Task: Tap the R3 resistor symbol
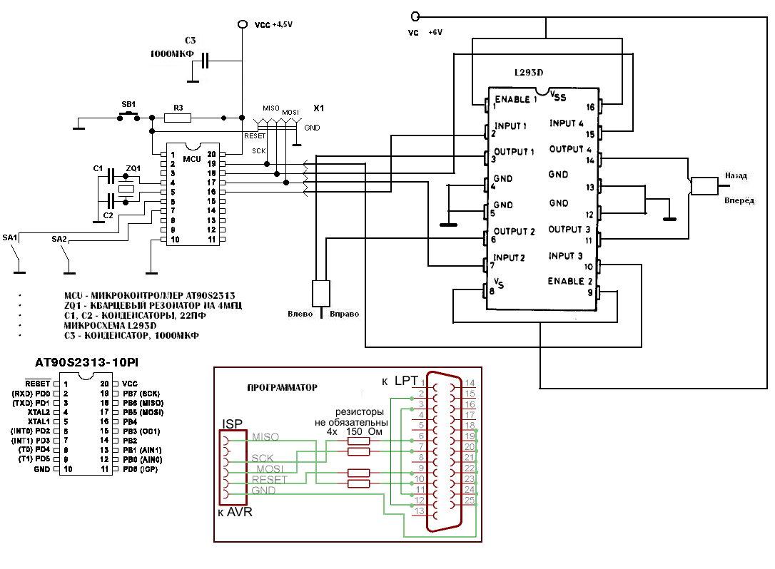178,118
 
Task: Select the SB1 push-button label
129,104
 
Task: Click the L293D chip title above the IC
529,73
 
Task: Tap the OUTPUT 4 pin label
570,150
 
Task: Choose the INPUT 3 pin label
566,256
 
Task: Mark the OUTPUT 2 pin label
514,232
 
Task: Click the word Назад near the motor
736,175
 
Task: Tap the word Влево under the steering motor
300,314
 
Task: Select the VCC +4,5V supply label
273,24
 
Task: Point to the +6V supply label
435,33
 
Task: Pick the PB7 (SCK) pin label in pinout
143,393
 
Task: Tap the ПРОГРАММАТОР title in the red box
282,387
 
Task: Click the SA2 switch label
59,240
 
